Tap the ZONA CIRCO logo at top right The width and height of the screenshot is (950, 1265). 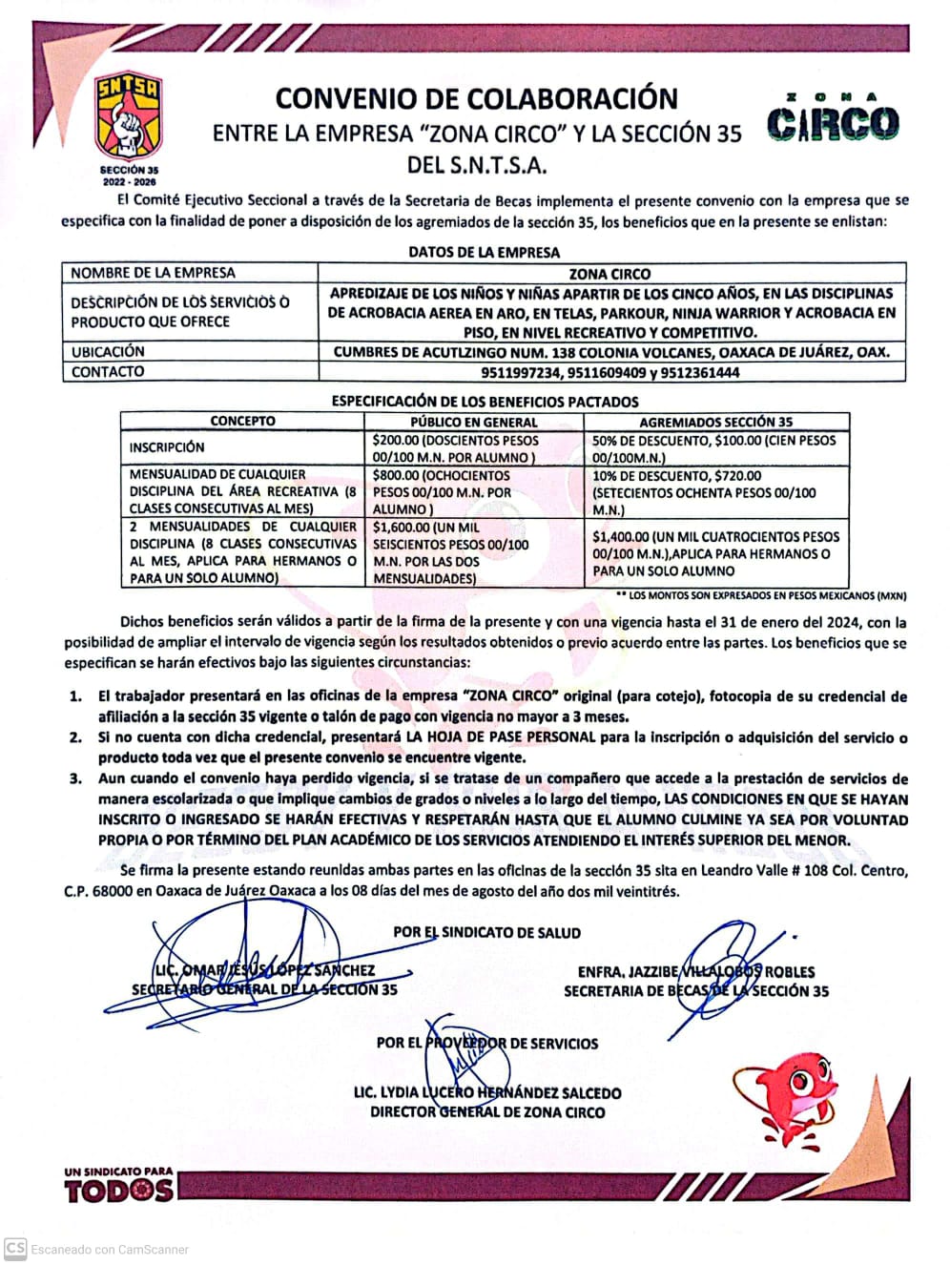(833, 120)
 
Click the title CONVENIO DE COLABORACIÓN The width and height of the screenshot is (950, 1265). (477, 98)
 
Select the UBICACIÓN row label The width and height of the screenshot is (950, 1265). (108, 351)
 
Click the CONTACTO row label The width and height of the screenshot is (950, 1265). (108, 372)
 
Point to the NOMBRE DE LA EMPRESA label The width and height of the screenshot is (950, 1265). (153, 273)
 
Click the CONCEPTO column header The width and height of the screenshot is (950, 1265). (242, 421)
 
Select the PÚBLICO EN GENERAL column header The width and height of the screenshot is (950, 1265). (474, 422)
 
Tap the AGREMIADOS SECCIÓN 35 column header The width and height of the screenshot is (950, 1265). (715, 422)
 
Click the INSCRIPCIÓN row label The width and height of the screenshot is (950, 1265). (167, 446)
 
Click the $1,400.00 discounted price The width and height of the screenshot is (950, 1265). (621, 537)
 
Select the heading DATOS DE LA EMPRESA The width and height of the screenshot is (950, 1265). (484, 252)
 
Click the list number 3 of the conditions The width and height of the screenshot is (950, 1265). (75, 778)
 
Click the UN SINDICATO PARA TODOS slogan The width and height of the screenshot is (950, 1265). (119, 1183)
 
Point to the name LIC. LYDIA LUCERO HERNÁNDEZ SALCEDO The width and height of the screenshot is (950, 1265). (487, 1092)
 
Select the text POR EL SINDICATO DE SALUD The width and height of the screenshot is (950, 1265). (486, 932)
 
